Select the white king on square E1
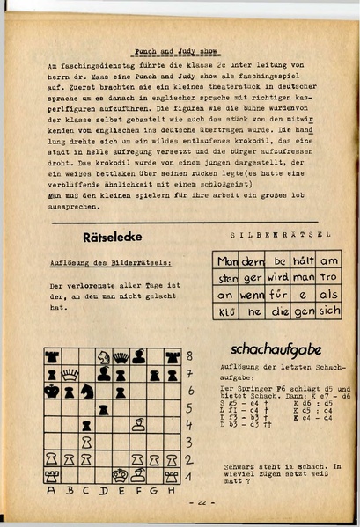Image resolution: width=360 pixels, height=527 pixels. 121,476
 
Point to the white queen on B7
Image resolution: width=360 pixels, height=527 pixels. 70,374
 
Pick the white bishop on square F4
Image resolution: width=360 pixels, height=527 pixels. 138,425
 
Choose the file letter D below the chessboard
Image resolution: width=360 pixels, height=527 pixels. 104,493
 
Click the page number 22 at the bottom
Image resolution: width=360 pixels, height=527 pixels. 200,502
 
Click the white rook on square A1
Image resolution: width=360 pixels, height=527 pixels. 53,476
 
